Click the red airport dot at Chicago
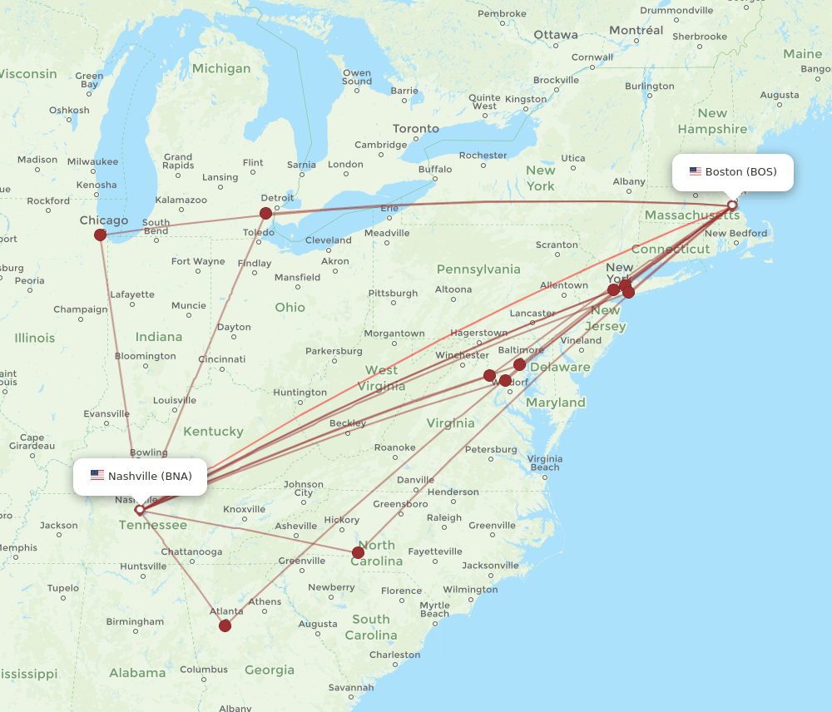pyautogui.click(x=101, y=235)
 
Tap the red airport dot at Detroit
pyautogui.click(x=265, y=213)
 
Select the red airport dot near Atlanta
pyautogui.click(x=225, y=625)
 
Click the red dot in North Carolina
pyautogui.click(x=358, y=552)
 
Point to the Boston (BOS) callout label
pyautogui.click(x=732, y=172)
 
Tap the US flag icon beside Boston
pyautogui.click(x=696, y=172)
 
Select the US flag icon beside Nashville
pyautogui.click(x=97, y=476)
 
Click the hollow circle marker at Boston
pyautogui.click(x=732, y=205)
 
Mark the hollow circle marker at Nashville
pyautogui.click(x=140, y=509)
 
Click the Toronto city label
pyautogui.click(x=416, y=129)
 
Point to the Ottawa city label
pyautogui.click(x=556, y=35)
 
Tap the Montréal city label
pyautogui.click(x=636, y=31)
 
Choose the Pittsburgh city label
pyautogui.click(x=393, y=293)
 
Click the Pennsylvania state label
pyautogui.click(x=478, y=269)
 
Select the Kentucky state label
pyautogui.click(x=213, y=432)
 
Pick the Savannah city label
pyautogui.click(x=351, y=688)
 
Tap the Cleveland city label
pyautogui.click(x=329, y=240)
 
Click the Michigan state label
pyautogui.click(x=221, y=68)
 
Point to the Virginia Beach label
pyautogui.click(x=544, y=462)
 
